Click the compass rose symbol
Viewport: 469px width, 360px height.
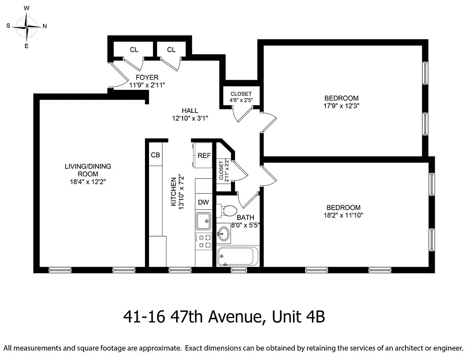(27, 27)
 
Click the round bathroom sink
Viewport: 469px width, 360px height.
(224, 234)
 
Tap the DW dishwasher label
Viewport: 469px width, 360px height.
(203, 202)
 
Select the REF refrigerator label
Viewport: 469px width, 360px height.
(204, 155)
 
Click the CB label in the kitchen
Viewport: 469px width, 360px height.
(155, 155)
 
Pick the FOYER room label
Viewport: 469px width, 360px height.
(144, 77)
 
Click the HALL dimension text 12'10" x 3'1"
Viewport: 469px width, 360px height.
(189, 118)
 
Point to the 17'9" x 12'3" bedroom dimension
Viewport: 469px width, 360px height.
(341, 106)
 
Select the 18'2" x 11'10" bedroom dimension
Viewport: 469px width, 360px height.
(343, 215)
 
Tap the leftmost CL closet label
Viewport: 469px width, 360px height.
(134, 49)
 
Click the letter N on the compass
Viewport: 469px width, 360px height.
(45, 26)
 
